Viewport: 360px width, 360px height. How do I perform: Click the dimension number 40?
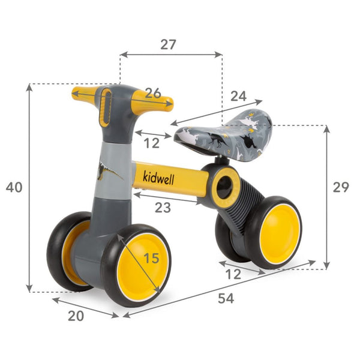(14, 187)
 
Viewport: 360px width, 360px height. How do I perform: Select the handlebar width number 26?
(153, 93)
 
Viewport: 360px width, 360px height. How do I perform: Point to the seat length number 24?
(238, 95)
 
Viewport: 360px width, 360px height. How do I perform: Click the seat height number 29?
(341, 187)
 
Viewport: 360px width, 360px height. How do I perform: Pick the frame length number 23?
(163, 208)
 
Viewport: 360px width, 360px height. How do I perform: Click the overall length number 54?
(226, 298)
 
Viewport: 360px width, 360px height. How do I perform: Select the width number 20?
(76, 316)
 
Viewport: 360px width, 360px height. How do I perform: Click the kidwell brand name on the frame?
(160, 177)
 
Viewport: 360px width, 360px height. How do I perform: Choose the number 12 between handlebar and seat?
(152, 143)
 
